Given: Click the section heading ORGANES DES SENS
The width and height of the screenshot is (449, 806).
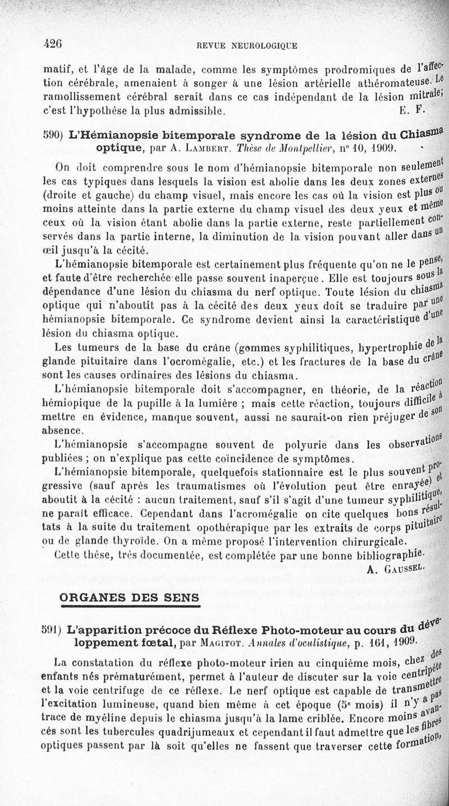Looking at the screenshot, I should [130, 597].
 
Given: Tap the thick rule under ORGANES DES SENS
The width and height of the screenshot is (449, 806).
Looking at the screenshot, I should [130, 607].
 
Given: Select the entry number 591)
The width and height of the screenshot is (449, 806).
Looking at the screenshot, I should [53, 630].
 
